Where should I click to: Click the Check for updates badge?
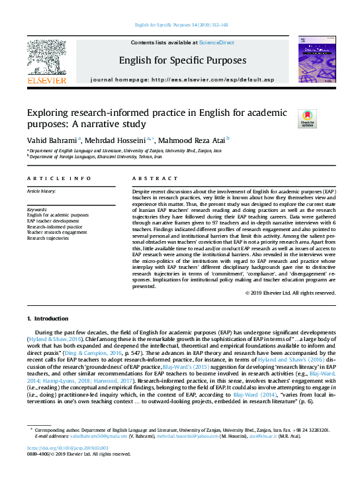pyautogui.click(x=307, y=119)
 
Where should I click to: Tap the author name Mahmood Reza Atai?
pyautogui.click(x=192, y=140)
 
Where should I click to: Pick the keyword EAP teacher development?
pyautogui.click(x=55, y=221)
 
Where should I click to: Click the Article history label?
pyautogui.click(x=42, y=191)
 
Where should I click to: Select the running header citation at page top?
pyautogui.click(x=180, y=25)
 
